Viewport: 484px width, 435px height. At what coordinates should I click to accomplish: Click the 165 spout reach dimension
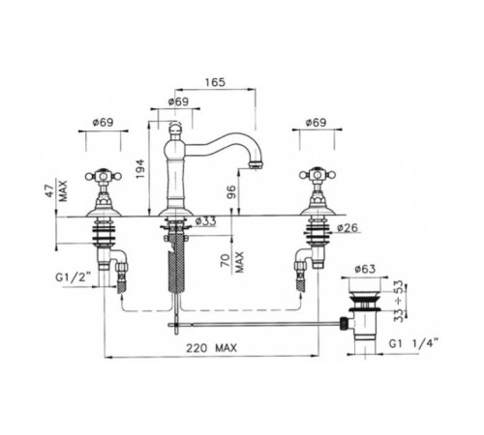[215, 82]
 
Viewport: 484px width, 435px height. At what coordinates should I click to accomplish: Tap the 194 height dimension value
[140, 169]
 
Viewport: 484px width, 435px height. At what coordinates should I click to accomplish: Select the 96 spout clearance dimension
[231, 191]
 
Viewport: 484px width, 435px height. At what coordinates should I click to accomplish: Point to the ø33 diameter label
[206, 221]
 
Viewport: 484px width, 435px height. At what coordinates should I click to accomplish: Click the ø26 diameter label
[348, 228]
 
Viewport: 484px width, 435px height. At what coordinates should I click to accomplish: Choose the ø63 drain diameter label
[365, 269]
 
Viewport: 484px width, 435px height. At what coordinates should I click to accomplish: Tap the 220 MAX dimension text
[211, 348]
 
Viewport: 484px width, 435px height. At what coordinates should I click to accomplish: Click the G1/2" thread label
[71, 277]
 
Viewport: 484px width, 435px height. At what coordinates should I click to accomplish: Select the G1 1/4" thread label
[413, 343]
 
